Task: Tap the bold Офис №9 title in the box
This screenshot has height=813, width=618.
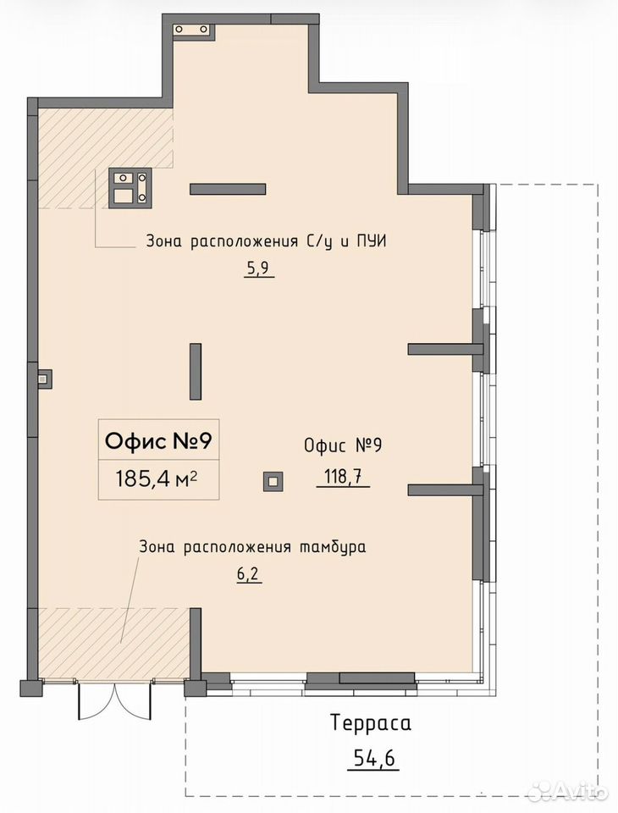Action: click(x=158, y=442)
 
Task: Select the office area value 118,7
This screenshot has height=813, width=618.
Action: click(x=343, y=476)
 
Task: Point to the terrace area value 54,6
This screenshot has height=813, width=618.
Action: click(x=374, y=759)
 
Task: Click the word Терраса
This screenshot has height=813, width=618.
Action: click(x=371, y=722)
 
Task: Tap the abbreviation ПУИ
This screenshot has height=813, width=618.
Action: click(x=371, y=241)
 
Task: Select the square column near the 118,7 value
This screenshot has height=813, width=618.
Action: click(x=273, y=482)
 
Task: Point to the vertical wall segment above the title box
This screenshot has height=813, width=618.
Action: click(x=196, y=371)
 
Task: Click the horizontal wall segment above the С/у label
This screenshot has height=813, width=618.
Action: click(x=228, y=189)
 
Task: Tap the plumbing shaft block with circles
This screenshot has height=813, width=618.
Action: click(x=130, y=188)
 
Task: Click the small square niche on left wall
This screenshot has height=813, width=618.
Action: click(x=45, y=379)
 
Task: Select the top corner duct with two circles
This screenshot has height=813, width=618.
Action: click(x=193, y=31)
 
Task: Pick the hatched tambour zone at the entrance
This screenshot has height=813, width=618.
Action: click(x=113, y=643)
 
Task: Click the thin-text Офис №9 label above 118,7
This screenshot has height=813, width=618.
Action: click(x=343, y=446)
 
